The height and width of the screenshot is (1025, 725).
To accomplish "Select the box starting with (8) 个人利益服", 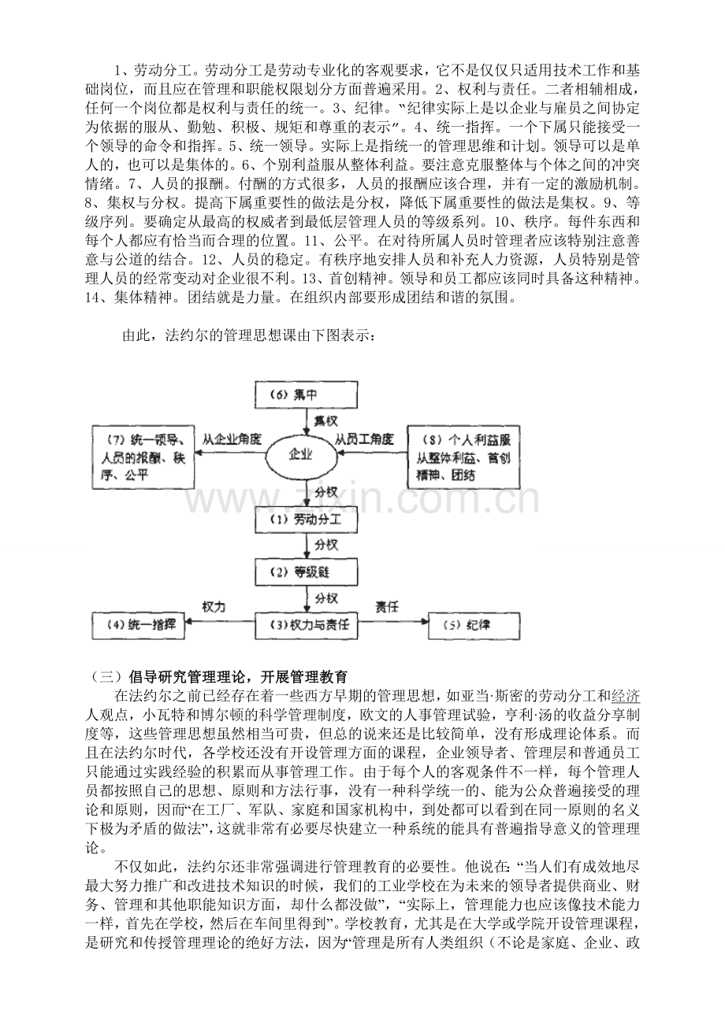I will click(458, 455).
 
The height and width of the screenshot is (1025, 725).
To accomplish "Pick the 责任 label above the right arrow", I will click(386, 607).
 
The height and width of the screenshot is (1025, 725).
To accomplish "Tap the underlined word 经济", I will click(626, 695).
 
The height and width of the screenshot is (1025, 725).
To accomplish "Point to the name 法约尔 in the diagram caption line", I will click(187, 336).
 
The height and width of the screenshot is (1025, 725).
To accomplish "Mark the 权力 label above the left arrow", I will click(214, 607).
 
